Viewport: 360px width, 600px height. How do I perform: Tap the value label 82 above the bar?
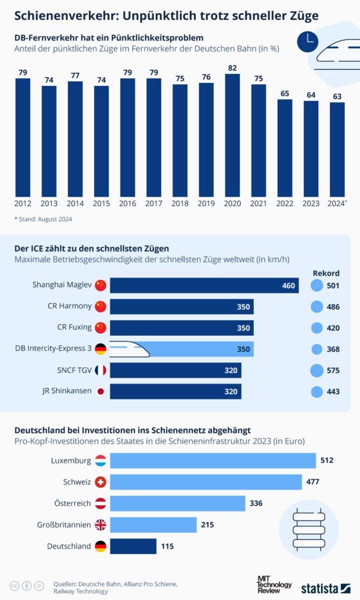pyautogui.click(x=232, y=68)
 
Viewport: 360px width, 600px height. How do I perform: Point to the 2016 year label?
pyautogui.click(x=128, y=203)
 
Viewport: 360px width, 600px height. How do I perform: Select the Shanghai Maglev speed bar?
pyautogui.click(x=204, y=285)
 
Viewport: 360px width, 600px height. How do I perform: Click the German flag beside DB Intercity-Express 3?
pyautogui.click(x=100, y=349)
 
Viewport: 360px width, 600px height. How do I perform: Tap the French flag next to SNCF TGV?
pyautogui.click(x=100, y=370)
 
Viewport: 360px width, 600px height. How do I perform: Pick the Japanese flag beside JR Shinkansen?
pyautogui.click(x=100, y=391)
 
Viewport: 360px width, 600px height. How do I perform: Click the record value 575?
pyautogui.click(x=333, y=371)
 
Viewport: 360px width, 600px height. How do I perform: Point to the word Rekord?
pyautogui.click(x=326, y=273)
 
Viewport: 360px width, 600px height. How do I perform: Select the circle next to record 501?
pyautogui.click(x=316, y=285)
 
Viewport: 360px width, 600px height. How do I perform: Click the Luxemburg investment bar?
pyautogui.click(x=213, y=461)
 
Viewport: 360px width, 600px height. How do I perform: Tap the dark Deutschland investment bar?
pyautogui.click(x=133, y=546)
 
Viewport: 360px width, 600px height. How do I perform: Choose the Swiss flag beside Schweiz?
pyautogui.click(x=100, y=482)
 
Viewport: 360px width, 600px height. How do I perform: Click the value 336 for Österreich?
pyautogui.click(x=255, y=503)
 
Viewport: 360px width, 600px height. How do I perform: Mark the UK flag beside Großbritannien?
pyautogui.click(x=100, y=525)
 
